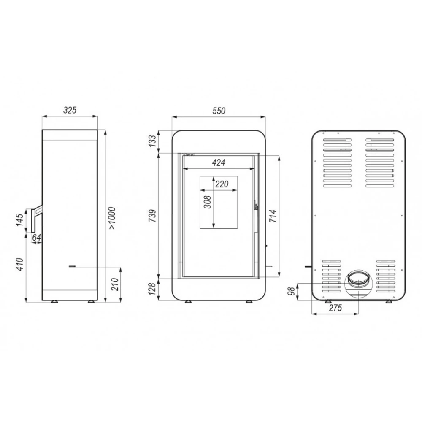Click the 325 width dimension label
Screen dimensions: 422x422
coord(70,110)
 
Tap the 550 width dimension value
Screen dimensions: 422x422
coord(219,111)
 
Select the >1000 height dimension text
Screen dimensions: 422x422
coord(112,218)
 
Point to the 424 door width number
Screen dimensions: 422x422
coord(219,162)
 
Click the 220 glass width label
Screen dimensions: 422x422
coord(222,184)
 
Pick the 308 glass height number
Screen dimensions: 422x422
coord(208,202)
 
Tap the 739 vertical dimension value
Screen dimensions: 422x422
coord(152,216)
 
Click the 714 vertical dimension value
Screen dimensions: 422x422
coord(273,216)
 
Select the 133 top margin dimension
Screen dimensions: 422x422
coord(152,141)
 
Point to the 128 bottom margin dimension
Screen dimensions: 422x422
coord(152,289)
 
